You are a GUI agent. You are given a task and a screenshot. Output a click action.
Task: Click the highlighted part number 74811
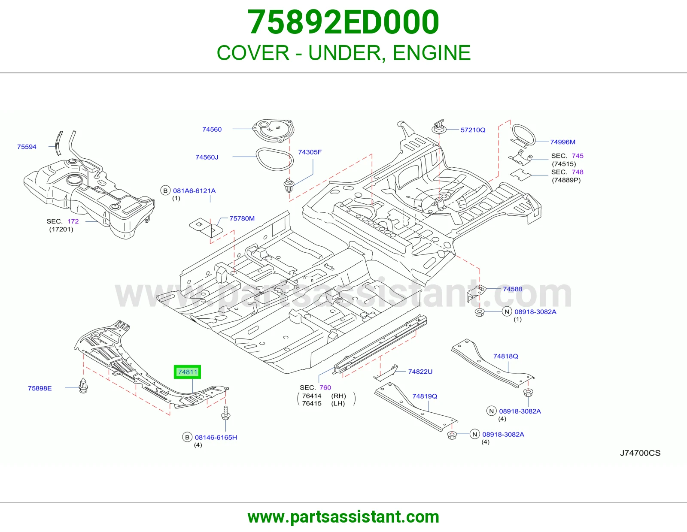pyautogui.click(x=188, y=372)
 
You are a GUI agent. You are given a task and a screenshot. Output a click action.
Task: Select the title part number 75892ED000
pyautogui.click(x=343, y=22)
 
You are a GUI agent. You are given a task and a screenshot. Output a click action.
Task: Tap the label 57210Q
pyautogui.click(x=473, y=130)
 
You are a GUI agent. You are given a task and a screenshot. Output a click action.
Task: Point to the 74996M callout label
pyautogui.click(x=562, y=142)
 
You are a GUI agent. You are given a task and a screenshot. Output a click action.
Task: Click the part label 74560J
pyautogui.click(x=207, y=157)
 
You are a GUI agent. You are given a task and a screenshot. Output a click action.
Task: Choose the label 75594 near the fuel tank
pyautogui.click(x=27, y=147)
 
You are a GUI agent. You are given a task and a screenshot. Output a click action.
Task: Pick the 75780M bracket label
pyautogui.click(x=242, y=218)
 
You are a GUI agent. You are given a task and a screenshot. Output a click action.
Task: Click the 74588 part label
pyautogui.click(x=513, y=289)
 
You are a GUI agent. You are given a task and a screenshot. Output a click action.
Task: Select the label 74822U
pyautogui.click(x=420, y=372)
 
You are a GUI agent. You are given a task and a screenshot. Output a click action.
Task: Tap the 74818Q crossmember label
pyautogui.click(x=505, y=356)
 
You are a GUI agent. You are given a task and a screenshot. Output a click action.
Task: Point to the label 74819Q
pyautogui.click(x=425, y=396)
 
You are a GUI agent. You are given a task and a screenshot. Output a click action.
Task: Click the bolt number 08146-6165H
pyautogui.click(x=216, y=437)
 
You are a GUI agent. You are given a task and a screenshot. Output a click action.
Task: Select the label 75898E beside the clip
pyautogui.click(x=40, y=388)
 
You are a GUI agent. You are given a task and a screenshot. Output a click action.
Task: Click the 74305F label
pyautogui.click(x=310, y=152)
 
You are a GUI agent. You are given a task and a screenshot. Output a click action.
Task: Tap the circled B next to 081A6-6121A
pyautogui.click(x=165, y=190)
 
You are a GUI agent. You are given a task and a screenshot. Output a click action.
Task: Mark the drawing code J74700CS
pyautogui.click(x=640, y=453)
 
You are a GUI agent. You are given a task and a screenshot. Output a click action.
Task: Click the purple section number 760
pyautogui.click(x=325, y=387)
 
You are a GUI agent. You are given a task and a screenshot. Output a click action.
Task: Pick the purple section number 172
pyautogui.click(x=73, y=221)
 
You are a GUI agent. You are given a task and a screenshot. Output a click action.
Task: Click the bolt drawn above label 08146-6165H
pyautogui.click(x=225, y=413)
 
